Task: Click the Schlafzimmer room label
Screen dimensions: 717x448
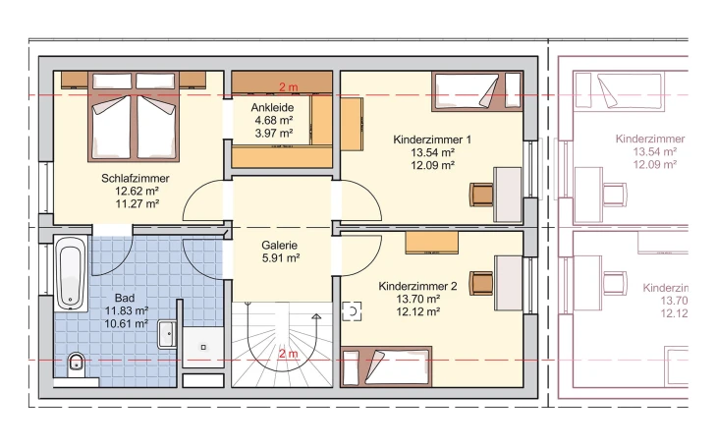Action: [x=136, y=178]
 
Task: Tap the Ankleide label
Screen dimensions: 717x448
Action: [x=272, y=107]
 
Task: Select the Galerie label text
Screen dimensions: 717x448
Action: [x=279, y=246]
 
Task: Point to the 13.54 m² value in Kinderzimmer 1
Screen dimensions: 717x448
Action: [x=432, y=152]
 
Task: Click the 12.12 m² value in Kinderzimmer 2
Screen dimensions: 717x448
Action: [x=418, y=311]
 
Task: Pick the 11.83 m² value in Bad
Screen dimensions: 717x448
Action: [x=127, y=310]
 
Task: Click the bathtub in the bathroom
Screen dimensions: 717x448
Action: [x=72, y=273]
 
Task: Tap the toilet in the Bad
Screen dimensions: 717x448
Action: [x=76, y=364]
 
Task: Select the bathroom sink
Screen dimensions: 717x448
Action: [x=167, y=334]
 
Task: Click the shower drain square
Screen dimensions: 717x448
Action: [x=203, y=347]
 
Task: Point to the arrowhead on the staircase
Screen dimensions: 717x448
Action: [x=316, y=315]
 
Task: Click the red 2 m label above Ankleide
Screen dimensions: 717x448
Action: [x=289, y=86]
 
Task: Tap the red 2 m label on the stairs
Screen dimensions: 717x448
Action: [x=289, y=354]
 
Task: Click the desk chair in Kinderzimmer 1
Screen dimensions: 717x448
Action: [x=481, y=194]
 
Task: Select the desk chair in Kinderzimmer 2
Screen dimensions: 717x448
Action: [x=481, y=283]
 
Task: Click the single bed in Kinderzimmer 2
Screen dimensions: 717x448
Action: [x=386, y=366]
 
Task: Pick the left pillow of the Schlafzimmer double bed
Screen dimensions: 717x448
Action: [x=112, y=81]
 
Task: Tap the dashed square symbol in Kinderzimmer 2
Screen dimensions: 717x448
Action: [x=352, y=311]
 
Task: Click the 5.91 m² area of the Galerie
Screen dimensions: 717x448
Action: [x=281, y=258]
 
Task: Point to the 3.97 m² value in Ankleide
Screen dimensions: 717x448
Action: [x=273, y=134]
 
